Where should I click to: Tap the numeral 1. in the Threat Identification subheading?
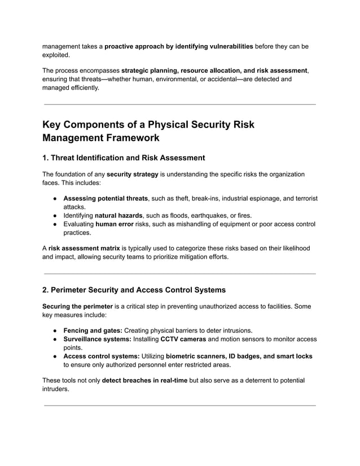(x=46, y=158)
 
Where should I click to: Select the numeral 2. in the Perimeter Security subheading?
(x=46, y=290)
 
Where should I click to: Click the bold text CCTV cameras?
(x=183, y=339)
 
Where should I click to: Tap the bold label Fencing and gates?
(x=93, y=331)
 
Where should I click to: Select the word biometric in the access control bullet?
(x=185, y=356)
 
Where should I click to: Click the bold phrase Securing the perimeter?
(x=77, y=306)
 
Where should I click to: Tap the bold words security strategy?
(x=132, y=174)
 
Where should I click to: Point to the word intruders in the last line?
(x=56, y=389)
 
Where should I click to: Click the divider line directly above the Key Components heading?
(x=179, y=104)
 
